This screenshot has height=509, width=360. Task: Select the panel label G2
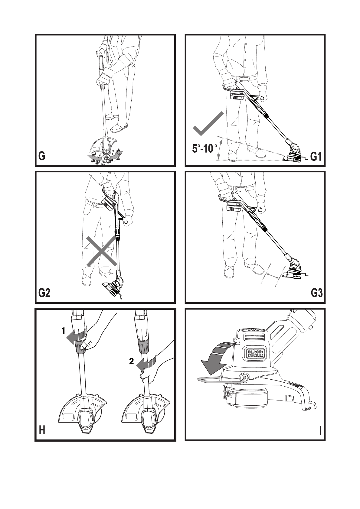tap(44, 293)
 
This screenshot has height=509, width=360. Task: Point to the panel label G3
tap(316, 293)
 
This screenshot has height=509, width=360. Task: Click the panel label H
tap(42, 430)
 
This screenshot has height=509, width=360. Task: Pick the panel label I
tap(320, 431)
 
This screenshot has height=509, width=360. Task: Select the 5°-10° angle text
tap(205, 149)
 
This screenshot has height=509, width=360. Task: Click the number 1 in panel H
tap(64, 331)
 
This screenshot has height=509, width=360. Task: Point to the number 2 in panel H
tap(131, 361)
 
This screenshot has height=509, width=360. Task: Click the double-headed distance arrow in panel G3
tap(273, 275)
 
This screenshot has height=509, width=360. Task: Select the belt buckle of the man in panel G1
tap(241, 78)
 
